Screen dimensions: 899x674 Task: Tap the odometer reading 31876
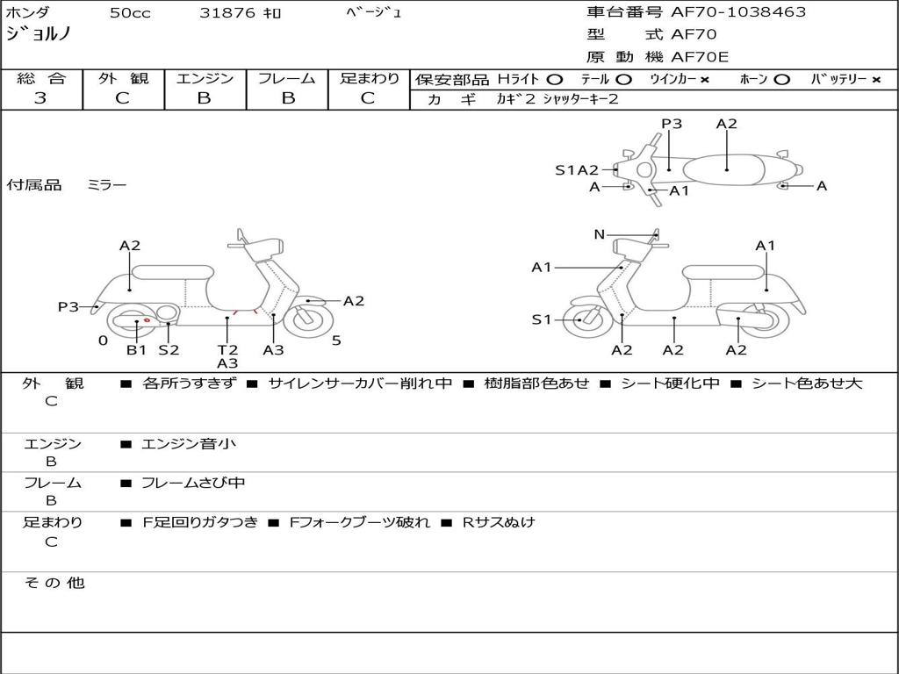(x=227, y=13)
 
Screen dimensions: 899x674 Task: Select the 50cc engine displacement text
(x=128, y=13)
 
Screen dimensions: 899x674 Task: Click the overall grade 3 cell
(x=40, y=98)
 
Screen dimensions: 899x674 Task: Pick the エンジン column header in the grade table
(x=205, y=79)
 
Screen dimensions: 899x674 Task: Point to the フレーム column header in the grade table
(x=286, y=79)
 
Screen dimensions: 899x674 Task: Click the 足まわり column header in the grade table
(x=370, y=79)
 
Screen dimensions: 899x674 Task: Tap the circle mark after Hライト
(x=554, y=80)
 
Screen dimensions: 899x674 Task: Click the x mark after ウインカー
(x=705, y=80)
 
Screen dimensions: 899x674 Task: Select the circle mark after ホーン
(x=781, y=80)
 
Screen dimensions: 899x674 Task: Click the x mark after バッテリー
(x=876, y=80)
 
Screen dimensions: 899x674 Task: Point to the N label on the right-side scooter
(x=600, y=234)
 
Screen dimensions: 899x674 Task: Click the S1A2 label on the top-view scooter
(x=577, y=170)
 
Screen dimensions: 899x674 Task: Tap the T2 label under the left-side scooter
(x=227, y=350)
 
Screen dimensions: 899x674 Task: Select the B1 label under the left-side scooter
(x=136, y=350)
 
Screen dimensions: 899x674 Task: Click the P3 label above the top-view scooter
(x=672, y=124)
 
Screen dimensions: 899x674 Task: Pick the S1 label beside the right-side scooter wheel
(x=542, y=320)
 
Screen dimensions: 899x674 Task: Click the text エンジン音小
(x=189, y=444)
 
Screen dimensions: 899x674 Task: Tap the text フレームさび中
(x=193, y=483)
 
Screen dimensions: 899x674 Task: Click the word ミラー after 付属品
(x=106, y=185)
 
